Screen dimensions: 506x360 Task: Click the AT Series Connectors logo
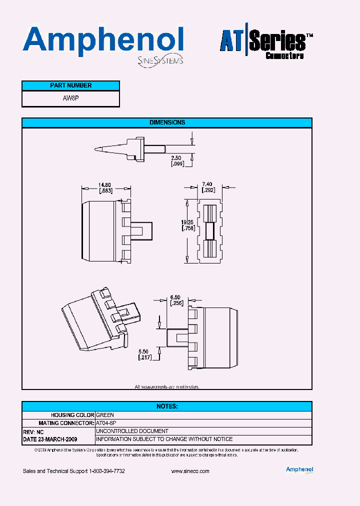click(266, 44)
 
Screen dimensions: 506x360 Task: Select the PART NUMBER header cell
click(70, 85)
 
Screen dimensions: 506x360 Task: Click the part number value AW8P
click(70, 98)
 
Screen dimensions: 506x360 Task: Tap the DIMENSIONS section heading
click(167, 122)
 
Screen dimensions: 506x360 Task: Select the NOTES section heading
click(167, 406)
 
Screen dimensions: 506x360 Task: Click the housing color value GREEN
click(105, 415)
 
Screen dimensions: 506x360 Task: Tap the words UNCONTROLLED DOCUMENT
click(132, 431)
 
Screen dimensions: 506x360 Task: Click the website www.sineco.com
click(190, 471)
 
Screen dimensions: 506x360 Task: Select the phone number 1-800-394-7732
click(106, 471)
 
